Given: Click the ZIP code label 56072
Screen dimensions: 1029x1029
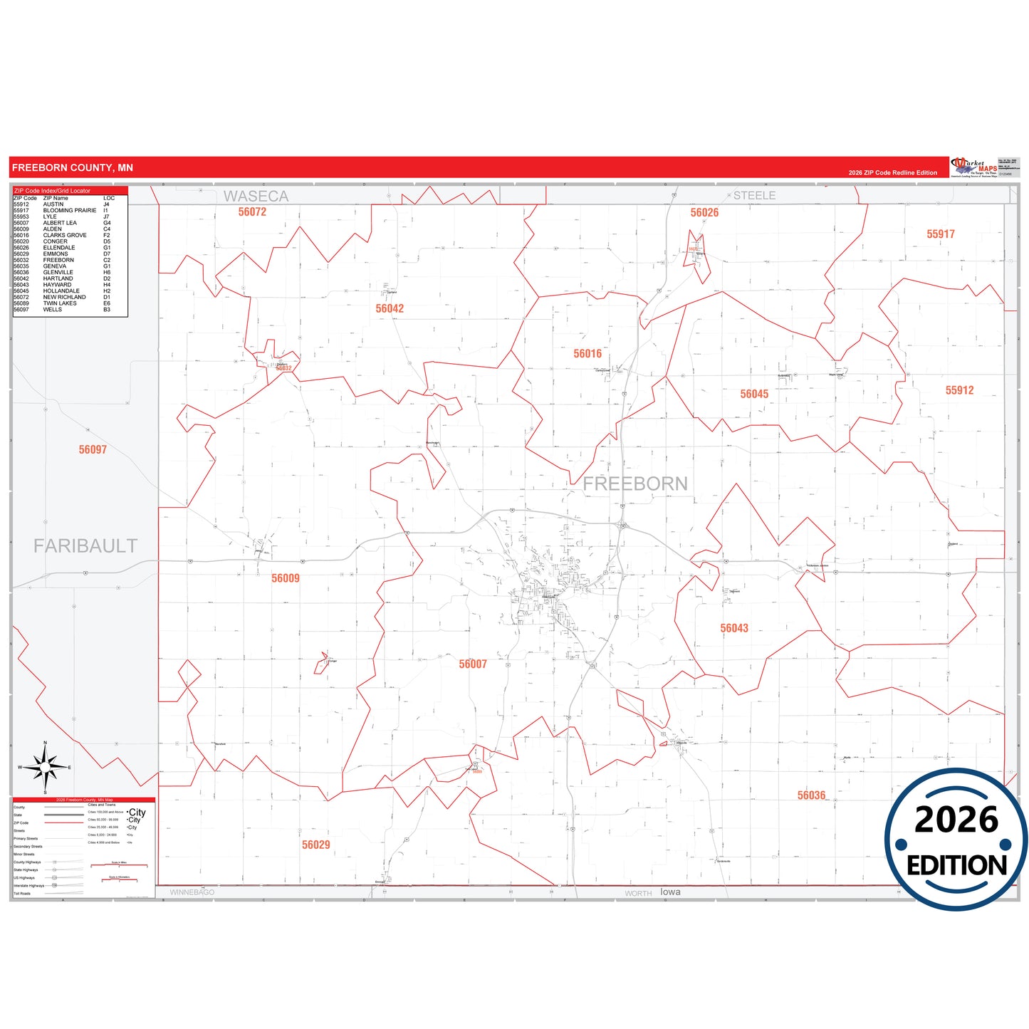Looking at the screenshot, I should click(252, 211).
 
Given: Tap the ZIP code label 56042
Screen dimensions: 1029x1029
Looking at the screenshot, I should click(390, 308).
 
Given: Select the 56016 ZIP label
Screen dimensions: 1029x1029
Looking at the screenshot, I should click(587, 353).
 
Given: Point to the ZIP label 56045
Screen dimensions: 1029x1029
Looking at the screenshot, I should click(754, 394).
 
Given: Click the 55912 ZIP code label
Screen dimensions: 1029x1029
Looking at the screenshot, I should click(959, 390).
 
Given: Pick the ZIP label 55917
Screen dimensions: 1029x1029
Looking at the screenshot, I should click(940, 234).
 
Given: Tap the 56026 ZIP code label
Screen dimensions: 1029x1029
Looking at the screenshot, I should click(704, 212).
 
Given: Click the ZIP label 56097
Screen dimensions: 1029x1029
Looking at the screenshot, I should click(93, 449).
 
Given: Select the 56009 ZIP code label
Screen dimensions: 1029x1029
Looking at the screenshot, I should click(286, 578).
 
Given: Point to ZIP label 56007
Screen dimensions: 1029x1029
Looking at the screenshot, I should click(473, 664).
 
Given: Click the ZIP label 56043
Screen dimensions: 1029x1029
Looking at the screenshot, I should click(734, 628).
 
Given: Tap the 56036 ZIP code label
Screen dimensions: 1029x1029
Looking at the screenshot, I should click(811, 795).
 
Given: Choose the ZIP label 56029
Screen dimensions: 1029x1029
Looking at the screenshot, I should click(316, 845).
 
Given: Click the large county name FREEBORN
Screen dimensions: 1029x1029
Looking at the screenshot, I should click(635, 484).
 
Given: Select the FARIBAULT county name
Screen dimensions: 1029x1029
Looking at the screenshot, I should click(85, 545).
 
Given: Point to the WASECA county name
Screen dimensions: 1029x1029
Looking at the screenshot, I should click(256, 196).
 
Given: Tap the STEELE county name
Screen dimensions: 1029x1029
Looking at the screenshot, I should click(754, 195).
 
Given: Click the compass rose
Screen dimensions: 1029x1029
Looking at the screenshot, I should click(45, 767).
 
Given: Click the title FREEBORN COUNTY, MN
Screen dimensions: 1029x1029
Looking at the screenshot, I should click(73, 167).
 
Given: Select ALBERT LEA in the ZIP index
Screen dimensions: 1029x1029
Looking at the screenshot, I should click(60, 223).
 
